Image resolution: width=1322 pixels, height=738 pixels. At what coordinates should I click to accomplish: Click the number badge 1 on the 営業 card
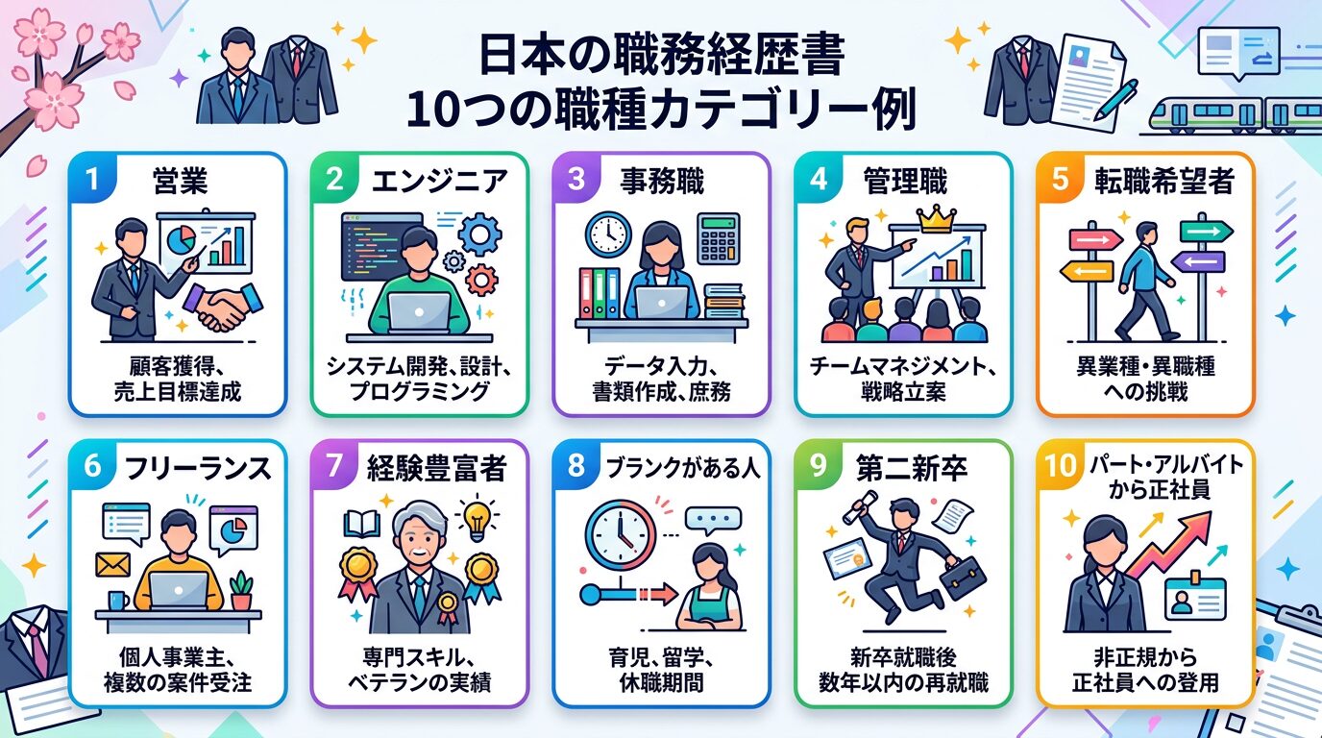(x=92, y=179)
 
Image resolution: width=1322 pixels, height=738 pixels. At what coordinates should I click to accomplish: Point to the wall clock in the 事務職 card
(x=607, y=235)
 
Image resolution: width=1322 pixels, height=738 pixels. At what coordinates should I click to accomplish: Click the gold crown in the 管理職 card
(x=933, y=220)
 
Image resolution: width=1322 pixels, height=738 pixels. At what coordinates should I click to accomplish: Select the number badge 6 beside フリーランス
(x=92, y=467)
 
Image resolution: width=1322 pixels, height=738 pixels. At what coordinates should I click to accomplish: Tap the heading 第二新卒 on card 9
(x=912, y=468)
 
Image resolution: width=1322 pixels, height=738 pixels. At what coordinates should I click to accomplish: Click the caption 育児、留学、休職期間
(x=661, y=671)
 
